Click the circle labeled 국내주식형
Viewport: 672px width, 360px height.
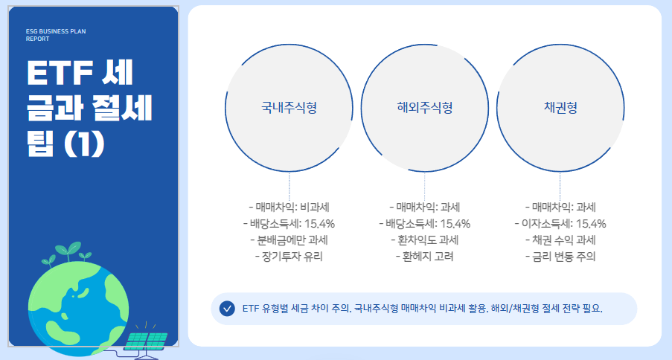click(289, 107)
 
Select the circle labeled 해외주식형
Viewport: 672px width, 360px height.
click(425, 107)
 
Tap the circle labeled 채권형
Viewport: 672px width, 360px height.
click(560, 107)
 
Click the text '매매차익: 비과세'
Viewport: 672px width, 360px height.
click(289, 207)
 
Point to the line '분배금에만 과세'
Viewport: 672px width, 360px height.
click(289, 240)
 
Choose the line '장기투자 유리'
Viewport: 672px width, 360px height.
click(289, 257)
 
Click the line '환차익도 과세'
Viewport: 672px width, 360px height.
click(424, 240)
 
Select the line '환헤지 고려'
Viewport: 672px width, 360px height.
click(424, 257)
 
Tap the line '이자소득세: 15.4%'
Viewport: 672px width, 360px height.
click(560, 223)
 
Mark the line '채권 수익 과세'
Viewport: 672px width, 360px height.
click(560, 240)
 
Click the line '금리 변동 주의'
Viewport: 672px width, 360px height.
click(560, 257)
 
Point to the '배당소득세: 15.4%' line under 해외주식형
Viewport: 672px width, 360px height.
click(424, 223)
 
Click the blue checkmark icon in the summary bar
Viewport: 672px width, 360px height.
click(228, 309)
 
